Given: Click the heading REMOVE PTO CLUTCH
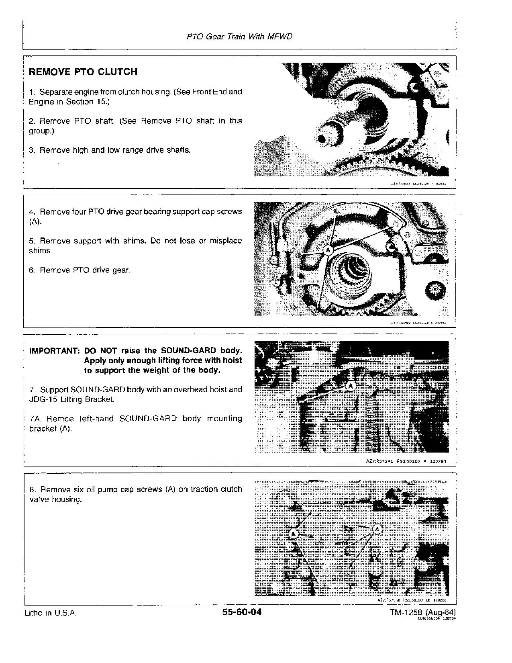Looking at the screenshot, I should pyautogui.click(x=83, y=72).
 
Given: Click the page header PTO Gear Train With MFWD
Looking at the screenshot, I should pyautogui.click(x=239, y=37).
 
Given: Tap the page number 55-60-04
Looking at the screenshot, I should pyautogui.click(x=241, y=612).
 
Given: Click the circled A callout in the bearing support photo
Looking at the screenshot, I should pyautogui.click(x=328, y=250).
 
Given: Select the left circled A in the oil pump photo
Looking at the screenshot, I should pyautogui.click(x=294, y=534).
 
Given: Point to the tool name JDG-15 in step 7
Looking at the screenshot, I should pyautogui.click(x=41, y=399).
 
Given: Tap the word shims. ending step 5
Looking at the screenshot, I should pyautogui.click(x=40, y=251).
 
